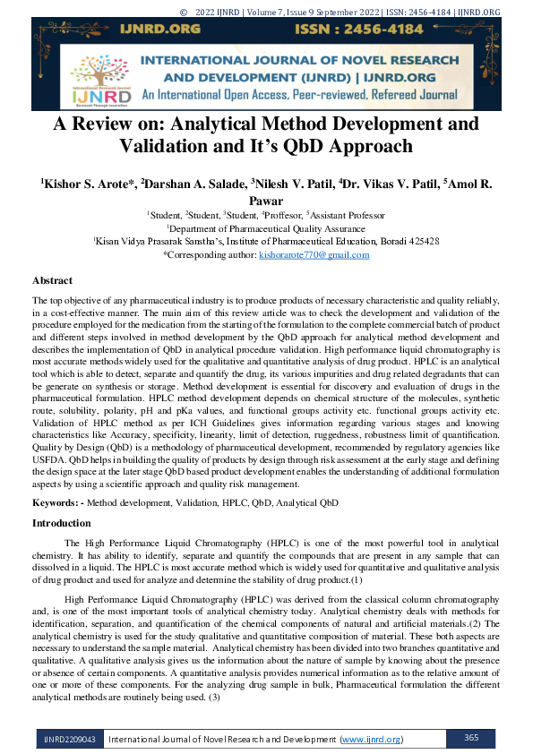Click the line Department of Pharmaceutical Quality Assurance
(x=266, y=228)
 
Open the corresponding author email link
(x=314, y=255)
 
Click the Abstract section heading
(x=52, y=280)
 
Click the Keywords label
(x=57, y=504)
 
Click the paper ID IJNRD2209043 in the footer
(x=67, y=739)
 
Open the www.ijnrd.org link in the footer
(x=372, y=739)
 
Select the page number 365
(x=474, y=738)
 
